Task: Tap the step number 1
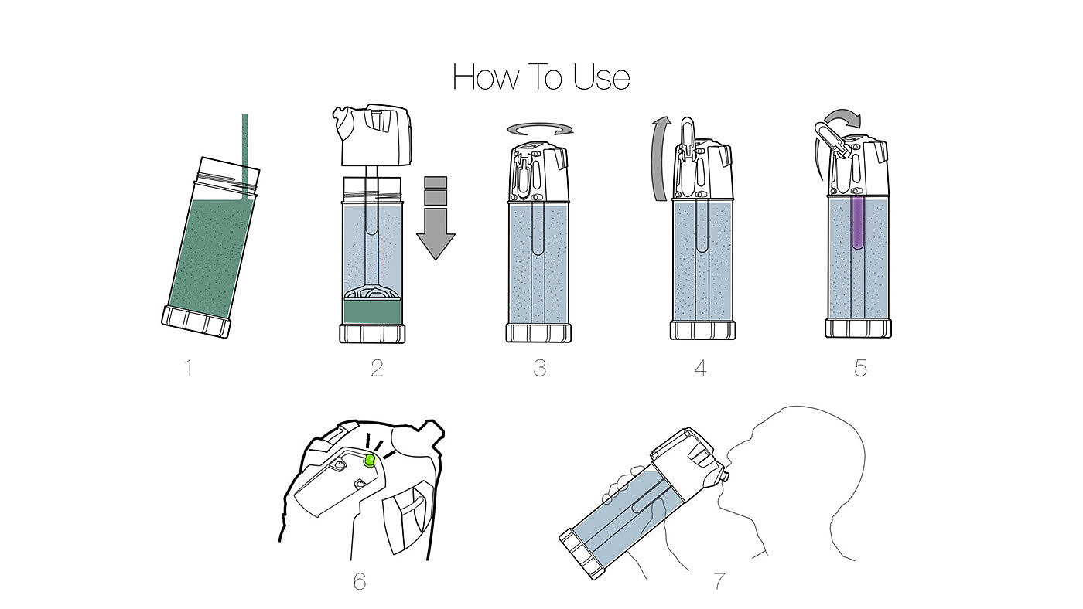188,367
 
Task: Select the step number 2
377,367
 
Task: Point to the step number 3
539,367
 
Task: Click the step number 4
700,367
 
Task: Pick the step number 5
860,367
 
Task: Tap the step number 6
359,581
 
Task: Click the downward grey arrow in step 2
436,232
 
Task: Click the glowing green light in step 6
370,461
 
